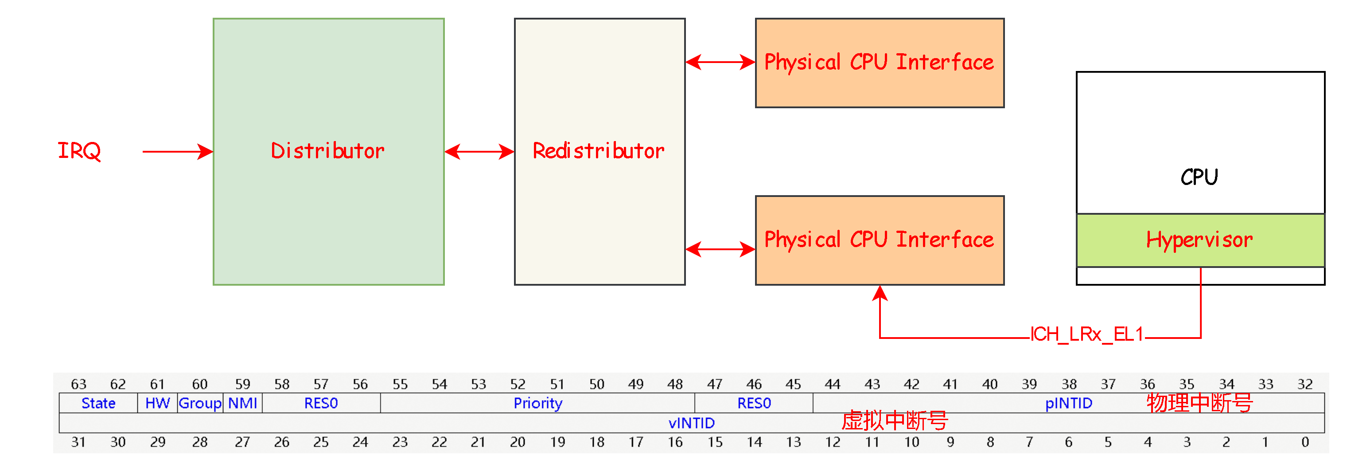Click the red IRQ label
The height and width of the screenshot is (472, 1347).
[79, 151]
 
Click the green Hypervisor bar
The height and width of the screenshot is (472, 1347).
[1199, 240]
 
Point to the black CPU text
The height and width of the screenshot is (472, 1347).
[1199, 177]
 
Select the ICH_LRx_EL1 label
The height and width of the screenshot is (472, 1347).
[1086, 334]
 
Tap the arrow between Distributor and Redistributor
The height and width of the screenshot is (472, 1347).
[479, 152]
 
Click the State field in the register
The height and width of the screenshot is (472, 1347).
[98, 403]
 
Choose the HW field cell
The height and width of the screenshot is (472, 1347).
[157, 403]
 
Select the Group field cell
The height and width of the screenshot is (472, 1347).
[200, 403]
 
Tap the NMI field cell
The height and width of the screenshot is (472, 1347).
[243, 403]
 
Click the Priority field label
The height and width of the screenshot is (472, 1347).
[537, 403]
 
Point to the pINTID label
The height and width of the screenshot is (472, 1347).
[1068, 403]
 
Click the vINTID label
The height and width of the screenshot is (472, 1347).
[691, 423]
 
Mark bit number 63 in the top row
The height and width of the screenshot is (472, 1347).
[78, 385]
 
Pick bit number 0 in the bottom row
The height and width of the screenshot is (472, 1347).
[1304, 442]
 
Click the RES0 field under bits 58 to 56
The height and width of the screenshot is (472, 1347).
[321, 403]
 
